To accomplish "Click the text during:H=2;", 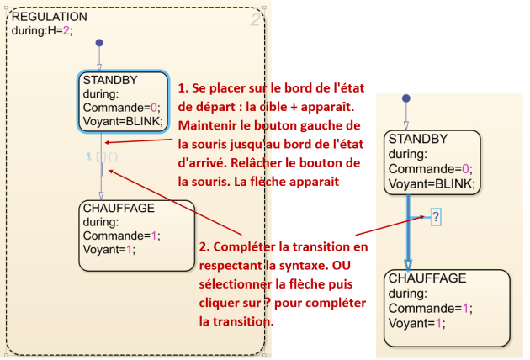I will pos(43,31).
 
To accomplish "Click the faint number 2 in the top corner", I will pos(256,19).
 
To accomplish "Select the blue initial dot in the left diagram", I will pos(99,42).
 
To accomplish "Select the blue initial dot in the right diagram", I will pos(407,97).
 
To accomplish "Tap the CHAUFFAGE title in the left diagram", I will pos(117,208).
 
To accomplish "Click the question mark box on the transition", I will pos(436,218).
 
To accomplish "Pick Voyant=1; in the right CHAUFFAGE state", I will pos(416,322).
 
